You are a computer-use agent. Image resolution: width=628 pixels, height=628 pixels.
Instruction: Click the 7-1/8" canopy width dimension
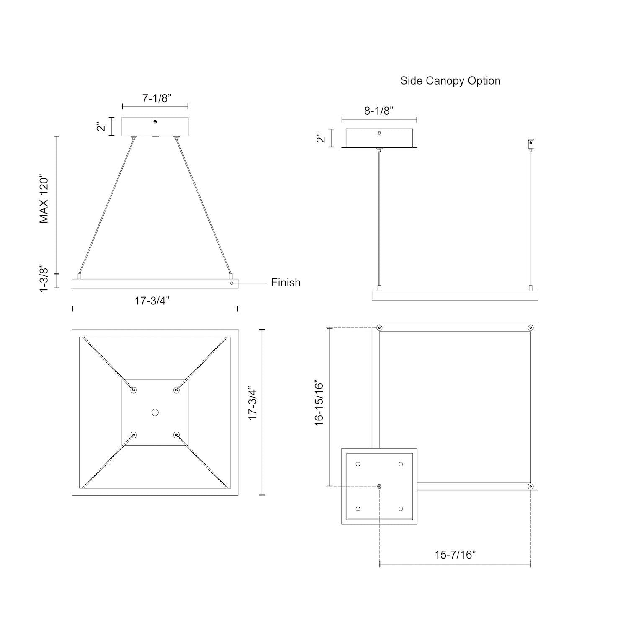coord(157,98)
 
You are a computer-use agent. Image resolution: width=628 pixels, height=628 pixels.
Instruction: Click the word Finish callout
coord(286,283)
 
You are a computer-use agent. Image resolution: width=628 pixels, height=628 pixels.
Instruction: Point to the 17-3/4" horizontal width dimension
coord(152,301)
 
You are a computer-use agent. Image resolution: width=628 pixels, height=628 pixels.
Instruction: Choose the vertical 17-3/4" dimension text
coord(253,403)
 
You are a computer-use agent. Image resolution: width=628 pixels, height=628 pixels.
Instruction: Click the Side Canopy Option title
coord(450,81)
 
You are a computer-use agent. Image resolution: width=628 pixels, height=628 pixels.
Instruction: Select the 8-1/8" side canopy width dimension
coord(378,111)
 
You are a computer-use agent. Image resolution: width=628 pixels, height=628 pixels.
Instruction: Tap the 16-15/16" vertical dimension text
coord(320,403)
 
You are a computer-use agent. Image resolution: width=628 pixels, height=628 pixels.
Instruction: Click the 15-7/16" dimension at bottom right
coord(455,555)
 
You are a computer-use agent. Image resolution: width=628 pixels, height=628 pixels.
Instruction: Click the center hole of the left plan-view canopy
coord(155,412)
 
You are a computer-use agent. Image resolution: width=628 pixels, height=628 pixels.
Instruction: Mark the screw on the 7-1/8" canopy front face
coord(155,121)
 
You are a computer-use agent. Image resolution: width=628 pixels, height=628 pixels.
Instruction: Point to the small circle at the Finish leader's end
coord(232,283)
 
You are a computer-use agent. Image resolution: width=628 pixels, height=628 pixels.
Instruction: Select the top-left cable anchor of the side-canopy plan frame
coord(379,328)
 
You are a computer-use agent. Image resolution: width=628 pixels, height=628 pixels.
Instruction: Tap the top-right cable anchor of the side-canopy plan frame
coord(530,328)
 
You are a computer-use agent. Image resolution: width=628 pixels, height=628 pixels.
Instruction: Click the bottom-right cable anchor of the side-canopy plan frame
coord(530,486)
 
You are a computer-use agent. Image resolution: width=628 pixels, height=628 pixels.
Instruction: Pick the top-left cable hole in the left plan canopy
coord(134,390)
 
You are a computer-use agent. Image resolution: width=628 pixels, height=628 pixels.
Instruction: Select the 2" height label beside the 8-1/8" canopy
coord(321,138)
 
